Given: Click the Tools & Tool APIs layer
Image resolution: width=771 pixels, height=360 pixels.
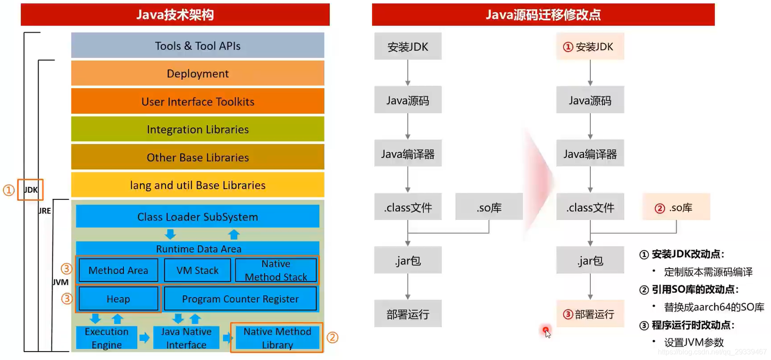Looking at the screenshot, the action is click(x=197, y=46).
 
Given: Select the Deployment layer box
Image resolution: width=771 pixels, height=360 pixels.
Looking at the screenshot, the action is click(x=197, y=73).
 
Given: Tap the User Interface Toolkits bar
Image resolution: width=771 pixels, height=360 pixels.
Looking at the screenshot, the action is click(x=197, y=102).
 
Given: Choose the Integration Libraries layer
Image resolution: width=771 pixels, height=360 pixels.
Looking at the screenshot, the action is click(x=197, y=129).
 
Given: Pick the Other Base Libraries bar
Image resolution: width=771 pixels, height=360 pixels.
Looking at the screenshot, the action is click(x=197, y=157).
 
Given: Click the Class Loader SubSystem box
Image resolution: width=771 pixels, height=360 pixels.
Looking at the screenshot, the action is click(x=197, y=217).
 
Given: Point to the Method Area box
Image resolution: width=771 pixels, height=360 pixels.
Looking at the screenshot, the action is click(x=118, y=270).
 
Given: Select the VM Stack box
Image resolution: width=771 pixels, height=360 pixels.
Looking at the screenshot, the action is click(x=197, y=270).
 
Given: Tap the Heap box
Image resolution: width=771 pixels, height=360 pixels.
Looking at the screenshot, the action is click(x=118, y=299).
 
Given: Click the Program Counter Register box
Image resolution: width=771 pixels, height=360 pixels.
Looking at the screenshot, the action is click(x=240, y=299).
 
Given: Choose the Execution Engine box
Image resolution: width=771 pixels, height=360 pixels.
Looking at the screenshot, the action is click(x=106, y=338).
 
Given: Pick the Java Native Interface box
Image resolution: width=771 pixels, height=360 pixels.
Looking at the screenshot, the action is click(x=186, y=338).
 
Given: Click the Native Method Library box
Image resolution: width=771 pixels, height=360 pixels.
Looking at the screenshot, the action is click(x=277, y=338).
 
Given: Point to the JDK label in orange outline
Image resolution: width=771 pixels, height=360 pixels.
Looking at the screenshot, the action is click(x=30, y=190).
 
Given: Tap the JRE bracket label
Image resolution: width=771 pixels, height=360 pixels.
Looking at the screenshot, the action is click(x=45, y=211).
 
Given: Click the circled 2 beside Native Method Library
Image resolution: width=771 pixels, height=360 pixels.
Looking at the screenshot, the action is click(x=332, y=337).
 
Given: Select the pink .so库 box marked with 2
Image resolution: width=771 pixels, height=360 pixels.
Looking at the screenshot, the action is click(x=676, y=207).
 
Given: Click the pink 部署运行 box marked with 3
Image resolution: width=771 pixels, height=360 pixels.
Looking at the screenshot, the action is click(x=590, y=314).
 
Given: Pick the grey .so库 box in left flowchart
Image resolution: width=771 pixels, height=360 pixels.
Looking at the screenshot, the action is click(x=489, y=207).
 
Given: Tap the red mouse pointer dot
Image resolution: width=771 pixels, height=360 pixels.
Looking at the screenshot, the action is click(x=546, y=330).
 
